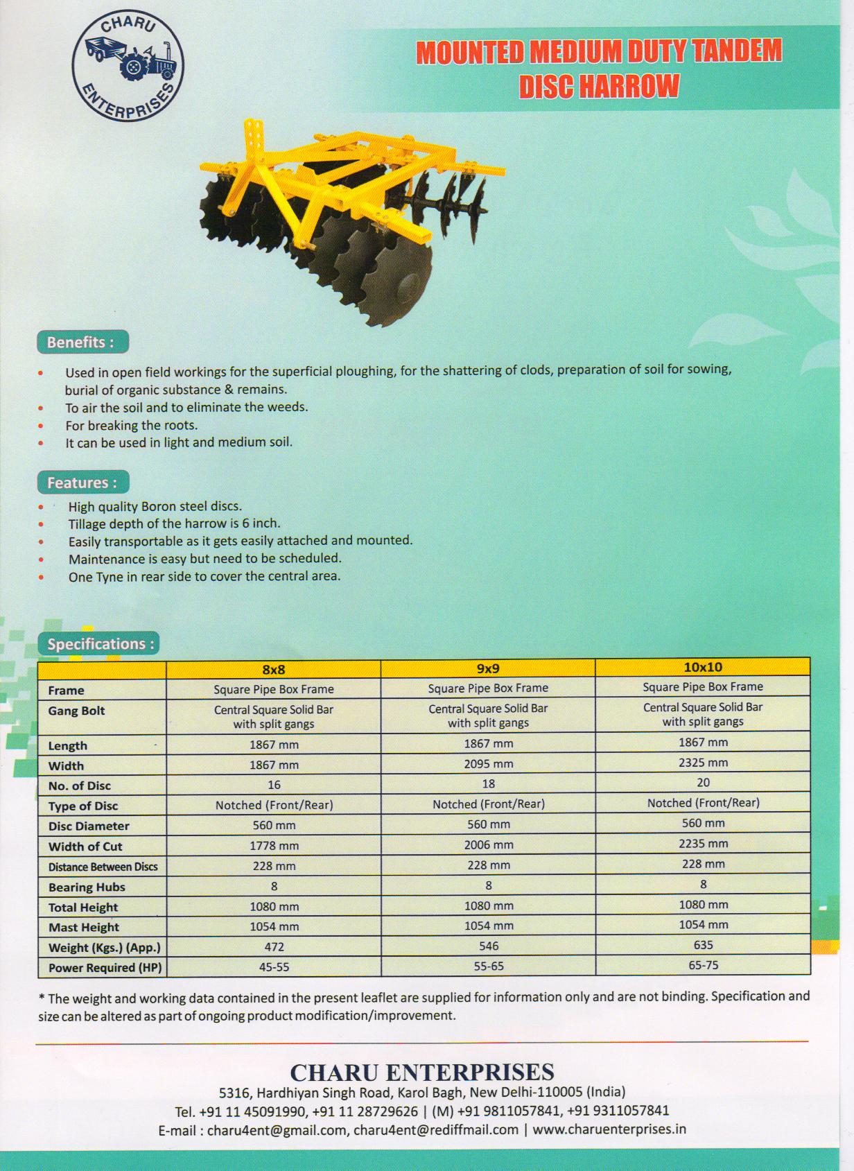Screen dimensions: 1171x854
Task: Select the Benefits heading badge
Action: point(82,342)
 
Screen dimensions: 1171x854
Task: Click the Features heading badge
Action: point(82,483)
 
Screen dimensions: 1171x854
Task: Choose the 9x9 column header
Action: point(488,668)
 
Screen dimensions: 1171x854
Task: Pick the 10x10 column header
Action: point(703,667)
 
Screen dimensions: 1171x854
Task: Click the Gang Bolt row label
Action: point(76,711)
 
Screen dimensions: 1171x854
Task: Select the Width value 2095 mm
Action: point(488,763)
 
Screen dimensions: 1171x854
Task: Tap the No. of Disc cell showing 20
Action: point(703,783)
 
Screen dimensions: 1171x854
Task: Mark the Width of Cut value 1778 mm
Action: point(274,846)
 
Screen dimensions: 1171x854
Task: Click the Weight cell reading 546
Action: point(488,946)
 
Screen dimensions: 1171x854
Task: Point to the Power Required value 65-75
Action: point(703,965)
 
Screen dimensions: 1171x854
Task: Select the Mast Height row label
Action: point(83,927)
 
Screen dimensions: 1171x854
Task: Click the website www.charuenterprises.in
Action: point(609,1129)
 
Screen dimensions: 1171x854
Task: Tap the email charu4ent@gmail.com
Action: point(277,1130)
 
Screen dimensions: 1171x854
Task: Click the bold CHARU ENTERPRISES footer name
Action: point(421,1073)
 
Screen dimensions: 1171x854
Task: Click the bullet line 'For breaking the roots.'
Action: point(131,425)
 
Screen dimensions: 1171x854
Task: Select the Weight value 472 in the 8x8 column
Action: point(274,947)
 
